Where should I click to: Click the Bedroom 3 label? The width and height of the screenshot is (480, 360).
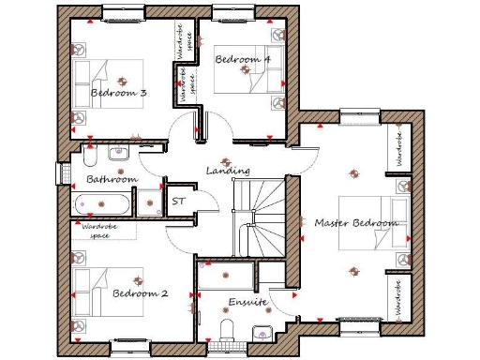click(x=118, y=93)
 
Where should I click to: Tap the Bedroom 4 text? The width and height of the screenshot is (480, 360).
click(x=243, y=59)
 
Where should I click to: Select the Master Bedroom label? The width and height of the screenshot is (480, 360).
click(x=356, y=222)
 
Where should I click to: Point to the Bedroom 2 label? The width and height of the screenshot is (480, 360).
click(x=141, y=293)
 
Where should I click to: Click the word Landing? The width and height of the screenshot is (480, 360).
click(x=228, y=171)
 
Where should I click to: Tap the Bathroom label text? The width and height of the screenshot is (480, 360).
click(x=112, y=178)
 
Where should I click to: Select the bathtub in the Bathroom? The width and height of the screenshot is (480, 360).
click(x=102, y=202)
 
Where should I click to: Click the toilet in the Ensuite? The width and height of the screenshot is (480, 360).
click(x=225, y=327)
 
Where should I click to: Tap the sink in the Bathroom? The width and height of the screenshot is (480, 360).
click(x=118, y=153)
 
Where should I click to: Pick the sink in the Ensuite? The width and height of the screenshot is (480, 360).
click(x=262, y=329)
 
